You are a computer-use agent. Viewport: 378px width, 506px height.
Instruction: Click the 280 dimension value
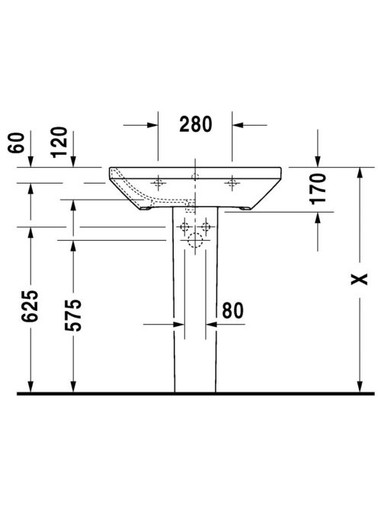click(196, 124)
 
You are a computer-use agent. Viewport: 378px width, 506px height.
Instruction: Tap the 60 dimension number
click(17, 143)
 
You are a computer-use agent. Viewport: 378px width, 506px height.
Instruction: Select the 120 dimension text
click(59, 142)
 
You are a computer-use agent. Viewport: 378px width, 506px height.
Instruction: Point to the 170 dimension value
click(318, 189)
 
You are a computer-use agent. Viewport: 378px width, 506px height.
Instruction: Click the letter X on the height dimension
click(359, 279)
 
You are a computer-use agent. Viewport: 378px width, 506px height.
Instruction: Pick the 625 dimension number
click(30, 306)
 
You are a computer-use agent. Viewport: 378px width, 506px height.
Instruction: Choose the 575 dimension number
click(73, 315)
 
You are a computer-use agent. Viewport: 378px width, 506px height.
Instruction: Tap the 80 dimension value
click(232, 310)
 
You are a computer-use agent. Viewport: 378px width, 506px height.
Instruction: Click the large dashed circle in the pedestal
click(195, 240)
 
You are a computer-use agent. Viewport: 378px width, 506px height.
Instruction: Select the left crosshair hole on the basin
click(158, 183)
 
